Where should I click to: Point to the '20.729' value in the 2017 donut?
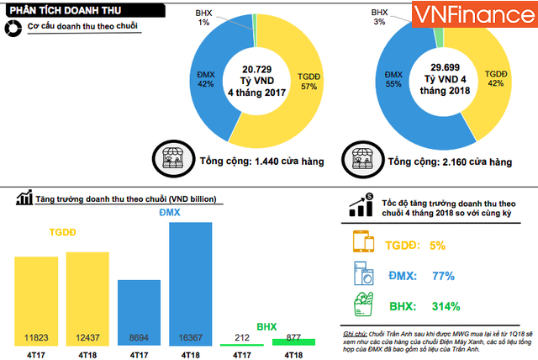[259, 68]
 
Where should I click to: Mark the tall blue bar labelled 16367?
[190, 283]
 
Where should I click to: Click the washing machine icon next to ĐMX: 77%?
[362, 275]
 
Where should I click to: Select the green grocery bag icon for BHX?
[362, 305]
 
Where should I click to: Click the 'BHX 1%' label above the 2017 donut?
[203, 17]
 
